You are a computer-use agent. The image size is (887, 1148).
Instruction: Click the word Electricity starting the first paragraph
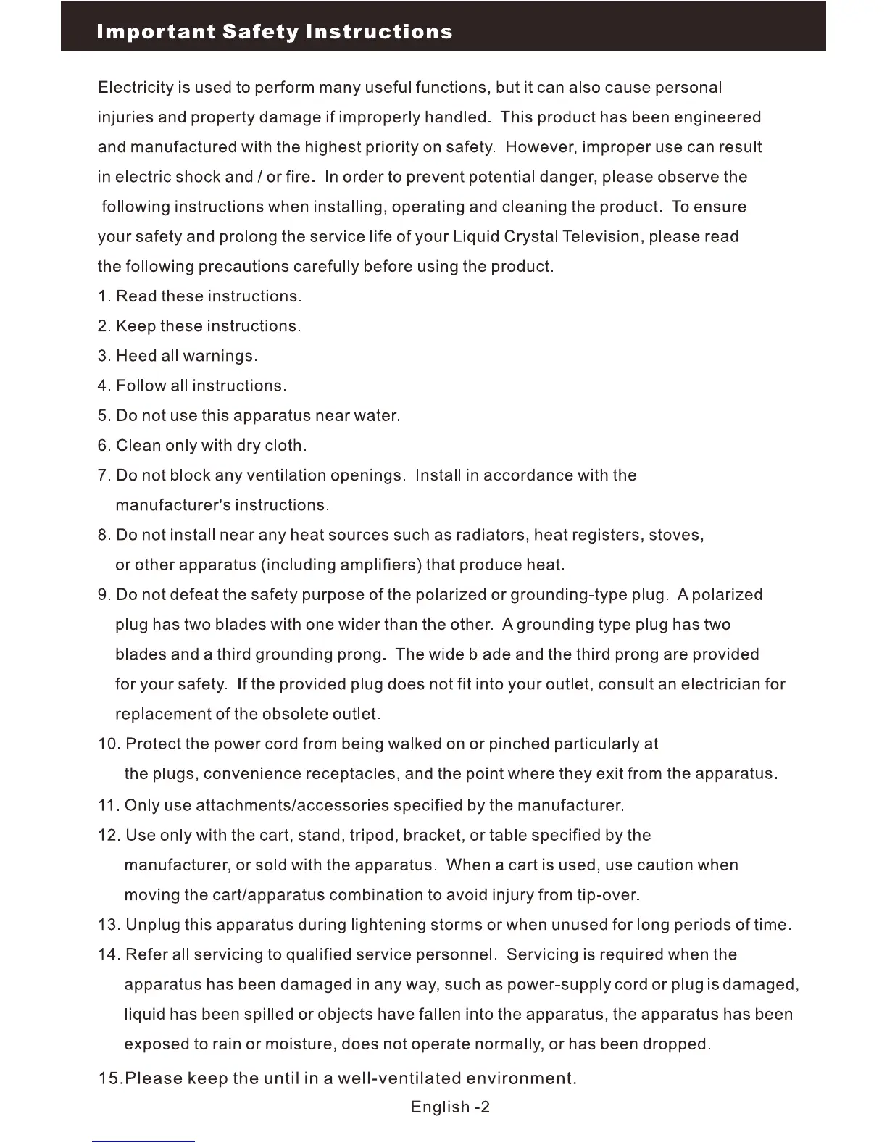tap(136, 88)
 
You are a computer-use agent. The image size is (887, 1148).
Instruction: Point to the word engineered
tap(717, 117)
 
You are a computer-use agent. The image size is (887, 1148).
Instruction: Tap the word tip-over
tap(608, 895)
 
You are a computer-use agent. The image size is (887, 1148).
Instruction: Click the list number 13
tap(109, 925)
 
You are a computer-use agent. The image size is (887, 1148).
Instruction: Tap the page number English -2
tap(450, 1107)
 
